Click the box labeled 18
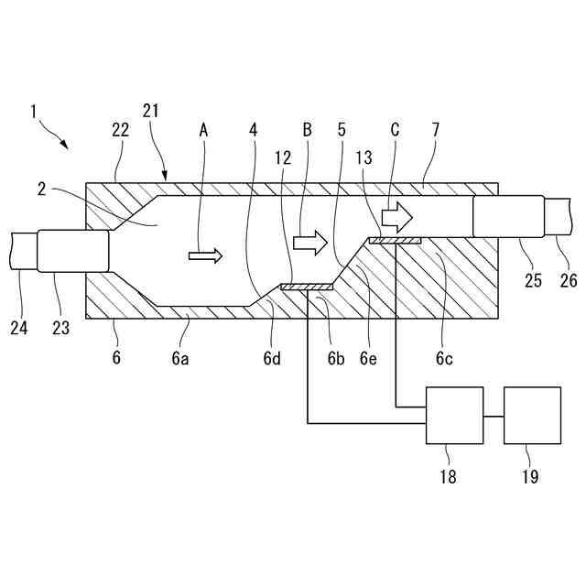point(455,416)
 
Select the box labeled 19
point(532,416)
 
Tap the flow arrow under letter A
point(205,255)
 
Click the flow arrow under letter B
point(309,243)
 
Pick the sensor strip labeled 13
point(395,241)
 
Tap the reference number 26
point(569,280)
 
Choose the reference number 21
point(151,111)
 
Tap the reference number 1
point(33,112)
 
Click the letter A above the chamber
point(203,130)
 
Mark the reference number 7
point(436,130)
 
